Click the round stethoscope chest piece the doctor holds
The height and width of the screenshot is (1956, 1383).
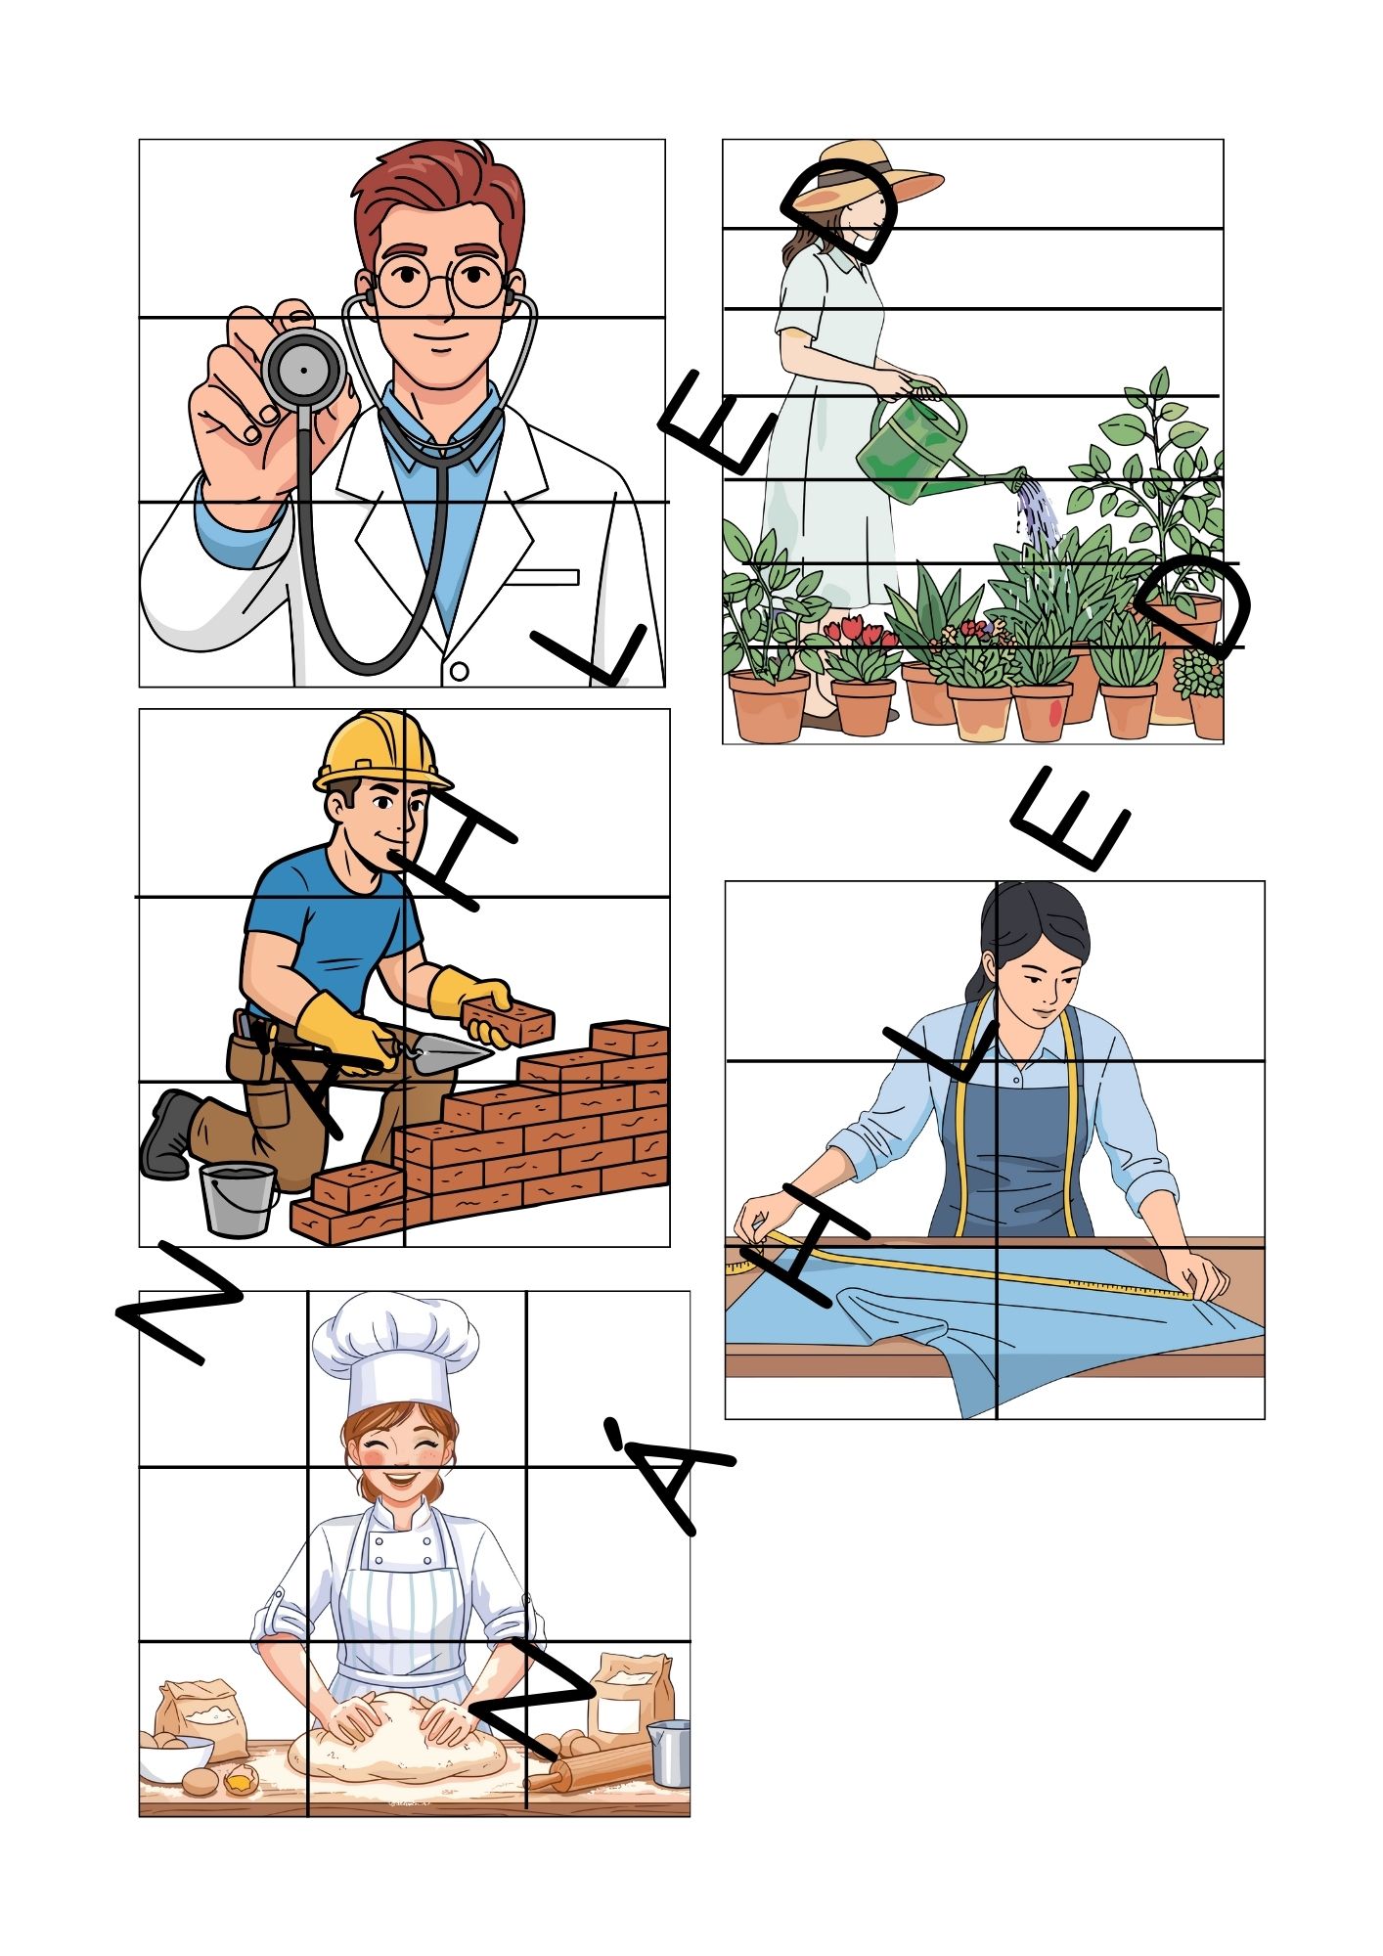click(303, 369)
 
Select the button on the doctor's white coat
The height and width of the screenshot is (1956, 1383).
click(459, 672)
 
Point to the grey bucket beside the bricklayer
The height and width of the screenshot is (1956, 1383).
click(238, 1199)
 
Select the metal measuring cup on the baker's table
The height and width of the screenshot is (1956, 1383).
click(669, 1753)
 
